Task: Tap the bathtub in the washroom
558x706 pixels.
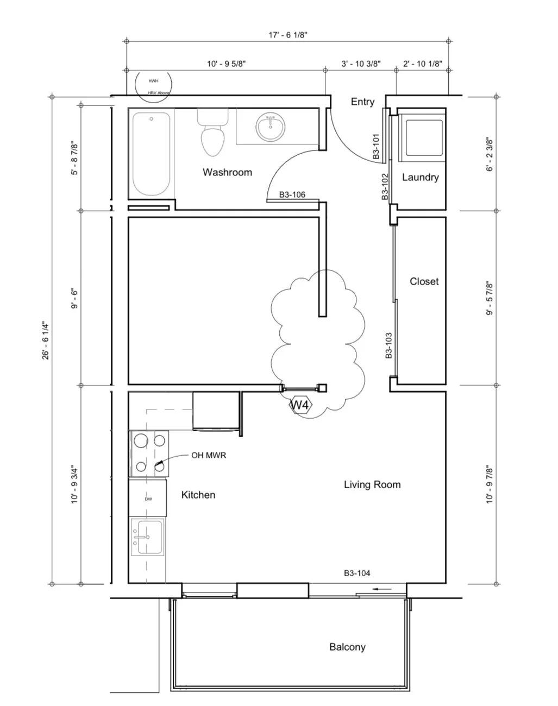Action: pos(152,154)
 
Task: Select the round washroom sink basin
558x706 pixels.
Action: pos(270,128)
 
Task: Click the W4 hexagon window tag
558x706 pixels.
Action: pos(300,405)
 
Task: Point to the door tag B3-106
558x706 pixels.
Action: pos(292,194)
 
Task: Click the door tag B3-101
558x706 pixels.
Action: pos(376,146)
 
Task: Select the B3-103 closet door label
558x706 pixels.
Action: pos(388,346)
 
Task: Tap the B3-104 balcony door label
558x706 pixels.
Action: pos(357,573)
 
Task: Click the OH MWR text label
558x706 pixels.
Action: pos(208,456)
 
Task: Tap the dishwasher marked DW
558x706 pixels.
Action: pos(148,498)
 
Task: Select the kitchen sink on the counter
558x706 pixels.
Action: pos(148,538)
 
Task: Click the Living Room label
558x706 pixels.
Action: pos(372,484)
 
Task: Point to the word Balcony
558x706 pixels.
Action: pos(347,647)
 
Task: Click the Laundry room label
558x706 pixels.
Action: pos(420,177)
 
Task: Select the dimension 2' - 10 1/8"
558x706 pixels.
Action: pos(422,64)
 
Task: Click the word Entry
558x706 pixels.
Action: pos(362,102)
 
